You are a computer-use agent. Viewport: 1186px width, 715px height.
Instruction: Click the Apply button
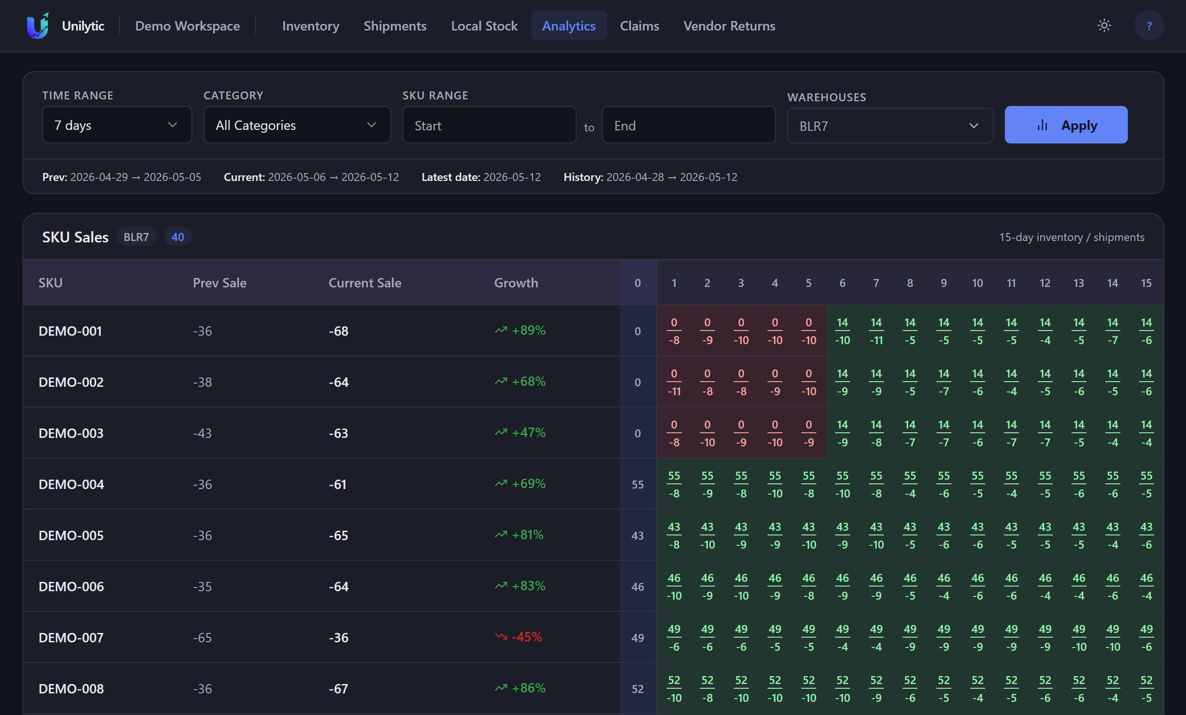click(1066, 125)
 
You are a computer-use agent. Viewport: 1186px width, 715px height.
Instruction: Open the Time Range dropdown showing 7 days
click(117, 125)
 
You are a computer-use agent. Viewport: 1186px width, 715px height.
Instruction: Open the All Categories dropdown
click(297, 125)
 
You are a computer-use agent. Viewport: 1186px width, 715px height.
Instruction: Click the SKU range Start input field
click(489, 125)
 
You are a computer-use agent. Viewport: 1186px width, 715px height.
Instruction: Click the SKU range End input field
click(688, 125)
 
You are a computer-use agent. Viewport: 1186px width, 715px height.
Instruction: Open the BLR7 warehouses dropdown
click(890, 126)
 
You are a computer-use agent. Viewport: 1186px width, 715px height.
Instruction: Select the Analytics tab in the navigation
click(569, 25)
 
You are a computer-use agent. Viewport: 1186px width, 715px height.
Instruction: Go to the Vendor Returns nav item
click(729, 25)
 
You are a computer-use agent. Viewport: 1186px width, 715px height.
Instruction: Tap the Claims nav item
click(639, 25)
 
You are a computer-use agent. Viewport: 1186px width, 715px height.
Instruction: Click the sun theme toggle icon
click(1104, 25)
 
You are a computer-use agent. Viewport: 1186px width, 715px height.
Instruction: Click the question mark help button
click(1149, 25)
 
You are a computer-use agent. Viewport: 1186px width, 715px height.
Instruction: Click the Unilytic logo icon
click(38, 25)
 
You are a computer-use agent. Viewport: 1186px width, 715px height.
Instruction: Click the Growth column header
click(516, 282)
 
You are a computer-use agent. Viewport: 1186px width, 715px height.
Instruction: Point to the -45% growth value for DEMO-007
click(526, 637)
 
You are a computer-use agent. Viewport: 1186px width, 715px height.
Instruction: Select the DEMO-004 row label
click(71, 484)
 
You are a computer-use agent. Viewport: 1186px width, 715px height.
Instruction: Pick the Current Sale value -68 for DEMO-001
click(338, 331)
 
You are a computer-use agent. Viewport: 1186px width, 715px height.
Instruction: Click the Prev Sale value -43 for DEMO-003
click(202, 433)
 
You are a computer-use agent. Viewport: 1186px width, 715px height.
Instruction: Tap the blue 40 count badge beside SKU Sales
click(178, 237)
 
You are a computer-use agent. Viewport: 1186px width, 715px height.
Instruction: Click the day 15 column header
click(1146, 283)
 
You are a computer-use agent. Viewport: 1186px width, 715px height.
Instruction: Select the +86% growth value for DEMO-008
click(528, 688)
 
